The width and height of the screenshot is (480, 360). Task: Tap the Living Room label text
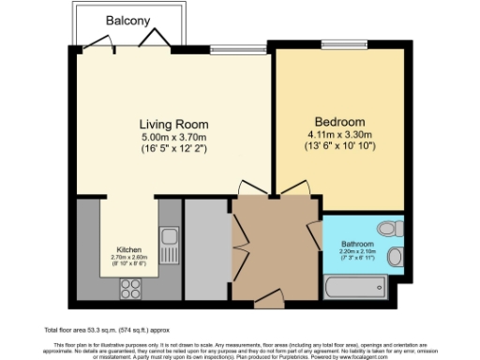click(173, 124)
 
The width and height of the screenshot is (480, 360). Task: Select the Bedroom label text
click(339, 123)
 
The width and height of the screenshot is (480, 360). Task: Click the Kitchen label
click(129, 250)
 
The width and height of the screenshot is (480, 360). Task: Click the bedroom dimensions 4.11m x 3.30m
click(339, 134)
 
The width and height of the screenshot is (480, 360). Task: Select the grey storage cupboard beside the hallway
click(206, 249)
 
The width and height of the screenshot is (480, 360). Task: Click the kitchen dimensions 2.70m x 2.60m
click(129, 258)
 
